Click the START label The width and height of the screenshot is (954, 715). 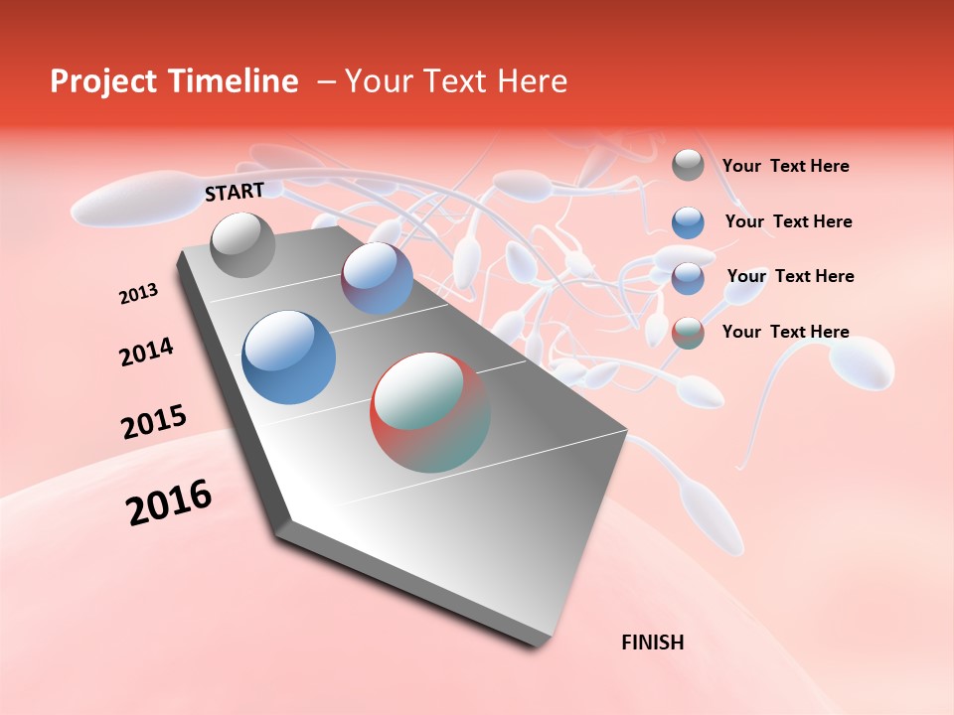click(x=235, y=192)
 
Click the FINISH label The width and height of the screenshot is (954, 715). click(x=652, y=643)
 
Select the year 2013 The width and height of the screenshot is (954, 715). click(x=138, y=294)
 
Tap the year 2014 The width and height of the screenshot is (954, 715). click(x=146, y=353)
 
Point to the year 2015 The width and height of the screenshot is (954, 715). click(x=153, y=422)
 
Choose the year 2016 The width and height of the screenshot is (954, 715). click(x=169, y=502)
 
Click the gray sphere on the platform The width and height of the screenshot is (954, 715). click(x=242, y=244)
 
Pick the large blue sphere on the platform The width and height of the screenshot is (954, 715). click(x=289, y=357)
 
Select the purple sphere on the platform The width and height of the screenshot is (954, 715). click(x=378, y=278)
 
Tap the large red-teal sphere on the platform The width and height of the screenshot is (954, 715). click(x=429, y=411)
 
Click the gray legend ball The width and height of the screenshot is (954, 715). click(x=688, y=166)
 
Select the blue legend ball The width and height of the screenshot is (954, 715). click(x=688, y=222)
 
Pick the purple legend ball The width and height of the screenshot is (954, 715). click(x=688, y=278)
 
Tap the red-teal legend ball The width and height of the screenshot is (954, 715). click(x=688, y=333)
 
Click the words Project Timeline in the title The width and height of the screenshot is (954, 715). click(x=174, y=81)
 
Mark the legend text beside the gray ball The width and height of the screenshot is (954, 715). click(x=785, y=167)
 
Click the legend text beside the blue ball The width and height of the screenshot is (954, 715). click(x=788, y=221)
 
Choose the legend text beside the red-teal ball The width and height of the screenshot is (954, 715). click(x=785, y=332)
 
